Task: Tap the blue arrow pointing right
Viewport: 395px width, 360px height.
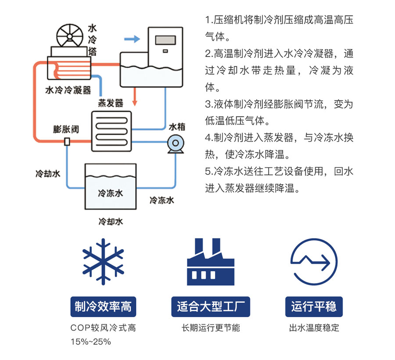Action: pos(132,40)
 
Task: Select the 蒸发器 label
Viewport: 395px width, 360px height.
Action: pos(110,103)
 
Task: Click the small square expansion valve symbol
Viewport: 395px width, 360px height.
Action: pos(67,142)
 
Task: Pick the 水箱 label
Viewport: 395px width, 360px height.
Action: pos(177,127)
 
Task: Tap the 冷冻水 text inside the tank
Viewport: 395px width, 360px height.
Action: pos(110,193)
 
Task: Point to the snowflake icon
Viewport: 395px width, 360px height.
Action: pos(103,262)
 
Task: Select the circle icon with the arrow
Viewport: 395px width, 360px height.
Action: pos(313,263)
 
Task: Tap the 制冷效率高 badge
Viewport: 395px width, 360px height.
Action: pos(103,306)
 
